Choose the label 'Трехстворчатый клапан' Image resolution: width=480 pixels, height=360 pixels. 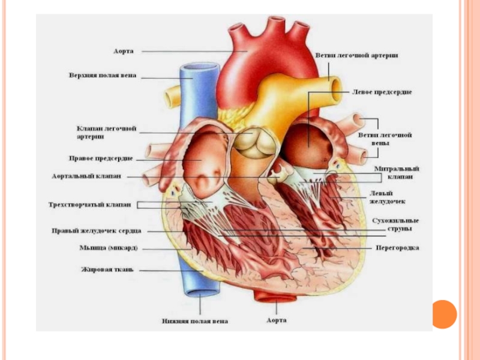(90, 205)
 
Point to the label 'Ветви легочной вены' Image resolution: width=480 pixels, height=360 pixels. (385, 140)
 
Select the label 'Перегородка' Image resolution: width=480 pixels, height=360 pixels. (397, 247)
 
